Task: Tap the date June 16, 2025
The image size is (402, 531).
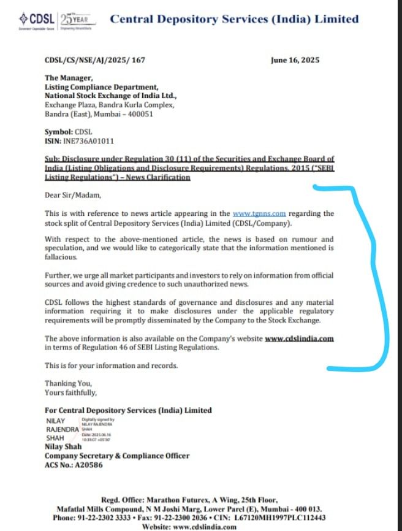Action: click(295, 60)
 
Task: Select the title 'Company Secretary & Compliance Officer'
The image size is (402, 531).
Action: click(116, 456)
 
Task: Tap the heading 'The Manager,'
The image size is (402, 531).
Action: click(69, 77)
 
